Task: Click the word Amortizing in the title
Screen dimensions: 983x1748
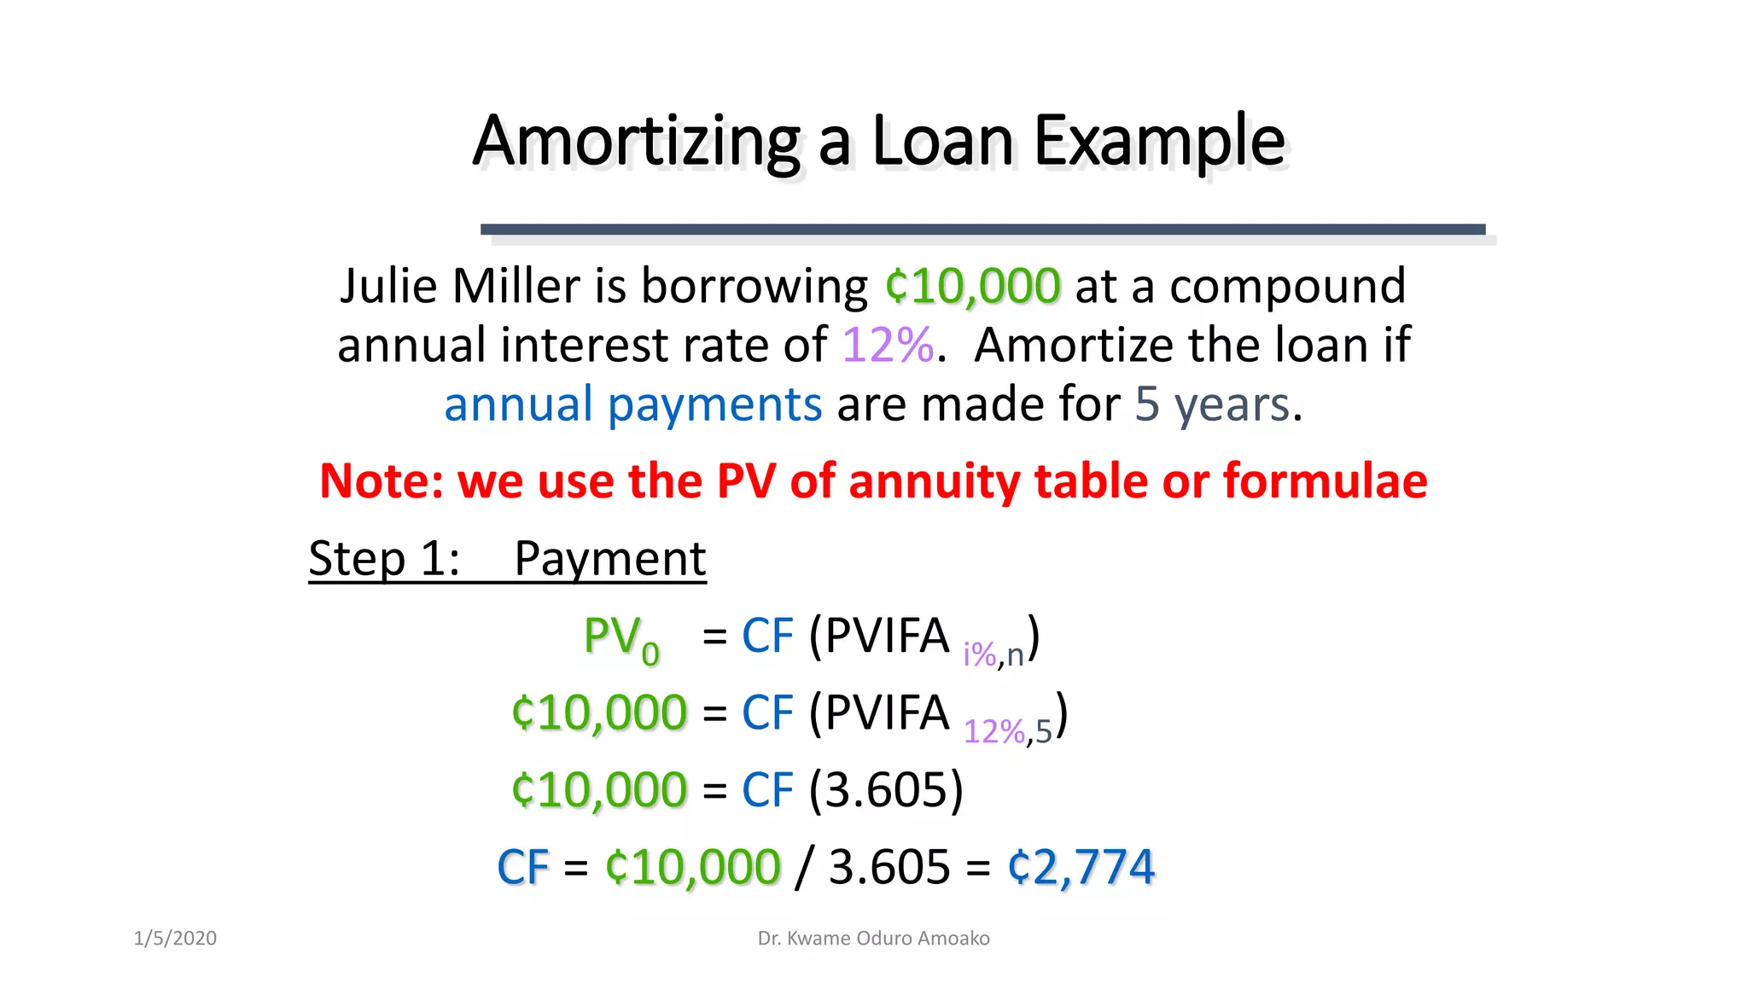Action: [636, 141]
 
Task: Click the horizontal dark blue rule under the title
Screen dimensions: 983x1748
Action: [982, 230]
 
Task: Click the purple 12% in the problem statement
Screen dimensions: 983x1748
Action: [888, 346]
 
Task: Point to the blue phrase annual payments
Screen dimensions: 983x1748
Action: [632, 404]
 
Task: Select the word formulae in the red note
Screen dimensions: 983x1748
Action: [1325, 481]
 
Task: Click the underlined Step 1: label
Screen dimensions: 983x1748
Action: [384, 559]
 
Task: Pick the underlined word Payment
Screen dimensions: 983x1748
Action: [609, 559]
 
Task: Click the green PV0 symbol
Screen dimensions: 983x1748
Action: [621, 638]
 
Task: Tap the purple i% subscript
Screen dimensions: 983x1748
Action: [979, 655]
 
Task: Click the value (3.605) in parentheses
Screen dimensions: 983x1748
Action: [886, 789]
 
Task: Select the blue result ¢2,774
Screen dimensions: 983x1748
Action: [1081, 867]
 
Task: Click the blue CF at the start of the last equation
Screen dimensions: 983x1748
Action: [522, 867]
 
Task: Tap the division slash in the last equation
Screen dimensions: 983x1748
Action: [802, 867]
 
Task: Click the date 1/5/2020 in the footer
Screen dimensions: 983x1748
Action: [175, 939]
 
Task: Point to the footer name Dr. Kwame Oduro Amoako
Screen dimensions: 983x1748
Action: [873, 939]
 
